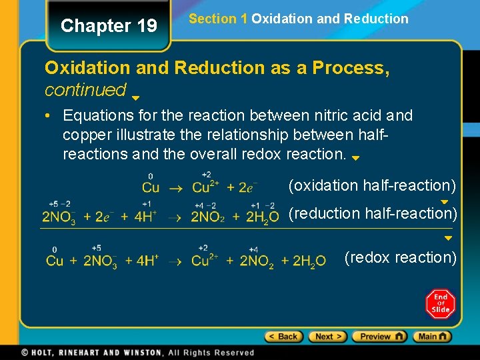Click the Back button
(284, 337)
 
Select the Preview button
(379, 337)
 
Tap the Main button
(432, 337)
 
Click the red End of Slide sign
(441, 304)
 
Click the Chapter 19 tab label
(109, 26)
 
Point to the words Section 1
(218, 19)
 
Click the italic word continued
(85, 89)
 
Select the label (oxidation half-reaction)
(372, 185)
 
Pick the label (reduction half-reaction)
(372, 213)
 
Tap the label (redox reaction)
(400, 257)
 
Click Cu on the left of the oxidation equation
(151, 188)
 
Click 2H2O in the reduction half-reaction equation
(262, 217)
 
